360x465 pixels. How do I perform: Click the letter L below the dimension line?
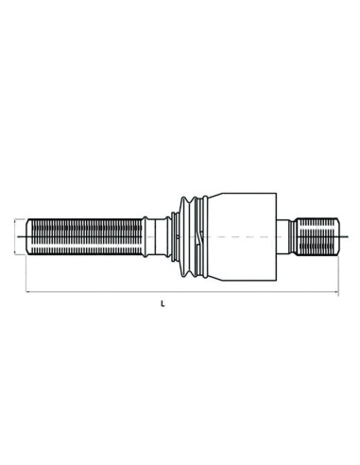[x=163, y=304]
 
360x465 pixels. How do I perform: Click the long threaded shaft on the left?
[x=84, y=236]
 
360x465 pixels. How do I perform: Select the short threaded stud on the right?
[x=318, y=236]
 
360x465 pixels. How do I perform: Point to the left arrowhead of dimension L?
[x=28, y=292]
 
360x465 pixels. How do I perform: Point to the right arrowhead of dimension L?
[x=336, y=292]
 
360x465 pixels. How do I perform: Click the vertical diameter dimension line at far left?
[x=15, y=236]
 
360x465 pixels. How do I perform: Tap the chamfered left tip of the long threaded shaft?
[x=27, y=236]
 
